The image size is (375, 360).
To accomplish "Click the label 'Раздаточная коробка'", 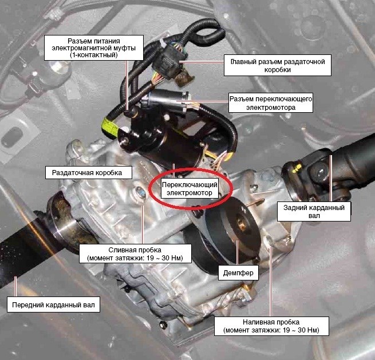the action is click(x=89, y=173).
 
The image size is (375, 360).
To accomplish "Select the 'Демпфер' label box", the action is click(x=238, y=272).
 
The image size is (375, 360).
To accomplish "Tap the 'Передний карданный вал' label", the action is click(x=53, y=305).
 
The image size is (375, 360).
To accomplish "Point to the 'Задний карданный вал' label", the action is click(x=314, y=212).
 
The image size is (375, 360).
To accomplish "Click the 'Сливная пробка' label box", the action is click(x=135, y=254).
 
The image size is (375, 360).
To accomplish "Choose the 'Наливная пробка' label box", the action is click(x=271, y=326).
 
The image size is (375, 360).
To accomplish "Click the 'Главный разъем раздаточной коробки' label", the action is click(x=278, y=65).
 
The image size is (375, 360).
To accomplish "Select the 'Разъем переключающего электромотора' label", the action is click(x=271, y=103).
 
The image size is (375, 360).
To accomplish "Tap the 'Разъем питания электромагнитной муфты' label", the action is click(x=94, y=48).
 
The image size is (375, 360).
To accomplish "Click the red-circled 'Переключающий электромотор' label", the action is click(x=190, y=189).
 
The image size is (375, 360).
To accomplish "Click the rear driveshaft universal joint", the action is click(x=315, y=172).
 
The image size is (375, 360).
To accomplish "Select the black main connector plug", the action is click(x=169, y=62).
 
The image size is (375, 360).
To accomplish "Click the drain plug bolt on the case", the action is click(x=140, y=192).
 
